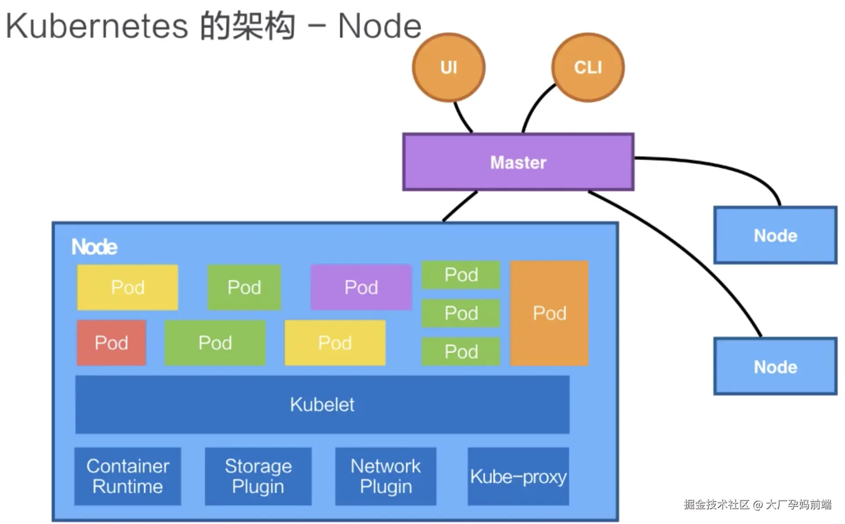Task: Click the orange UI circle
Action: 448,67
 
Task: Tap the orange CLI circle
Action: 588,67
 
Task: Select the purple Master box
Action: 518,162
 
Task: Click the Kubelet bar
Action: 322,404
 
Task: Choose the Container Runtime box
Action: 128,476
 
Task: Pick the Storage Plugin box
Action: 258,476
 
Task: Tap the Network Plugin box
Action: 386,476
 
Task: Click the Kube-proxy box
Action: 518,476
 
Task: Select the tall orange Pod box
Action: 549,313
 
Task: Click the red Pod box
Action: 111,343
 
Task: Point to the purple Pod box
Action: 361,287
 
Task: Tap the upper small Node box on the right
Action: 775,235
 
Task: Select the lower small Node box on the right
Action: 775,366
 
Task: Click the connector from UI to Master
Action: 462,118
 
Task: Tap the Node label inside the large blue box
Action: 94,247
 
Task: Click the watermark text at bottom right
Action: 757,505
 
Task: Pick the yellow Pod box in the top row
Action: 128,287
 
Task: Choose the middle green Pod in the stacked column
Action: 461,313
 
